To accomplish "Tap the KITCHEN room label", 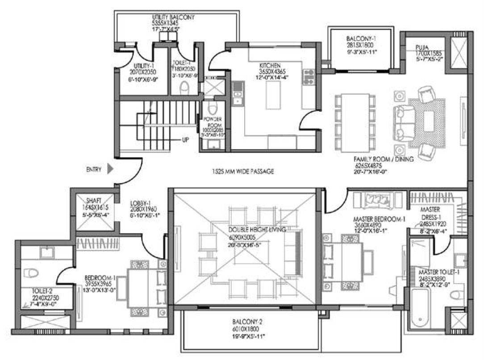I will (x=270, y=65).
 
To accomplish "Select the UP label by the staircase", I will (x=185, y=140).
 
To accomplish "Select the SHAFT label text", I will (x=94, y=201).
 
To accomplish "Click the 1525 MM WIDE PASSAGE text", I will (x=243, y=171).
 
